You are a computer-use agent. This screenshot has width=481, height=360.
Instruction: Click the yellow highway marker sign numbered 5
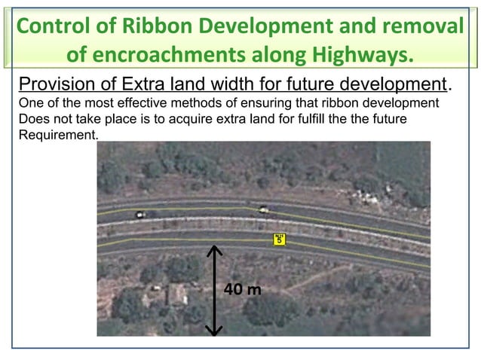click(x=279, y=239)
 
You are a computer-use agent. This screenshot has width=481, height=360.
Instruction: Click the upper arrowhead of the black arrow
click(x=215, y=251)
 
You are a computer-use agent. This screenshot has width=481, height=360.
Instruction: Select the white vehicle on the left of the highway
click(x=139, y=215)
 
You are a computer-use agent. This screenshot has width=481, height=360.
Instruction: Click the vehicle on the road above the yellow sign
click(x=262, y=210)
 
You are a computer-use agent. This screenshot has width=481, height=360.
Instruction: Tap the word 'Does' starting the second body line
click(x=32, y=119)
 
